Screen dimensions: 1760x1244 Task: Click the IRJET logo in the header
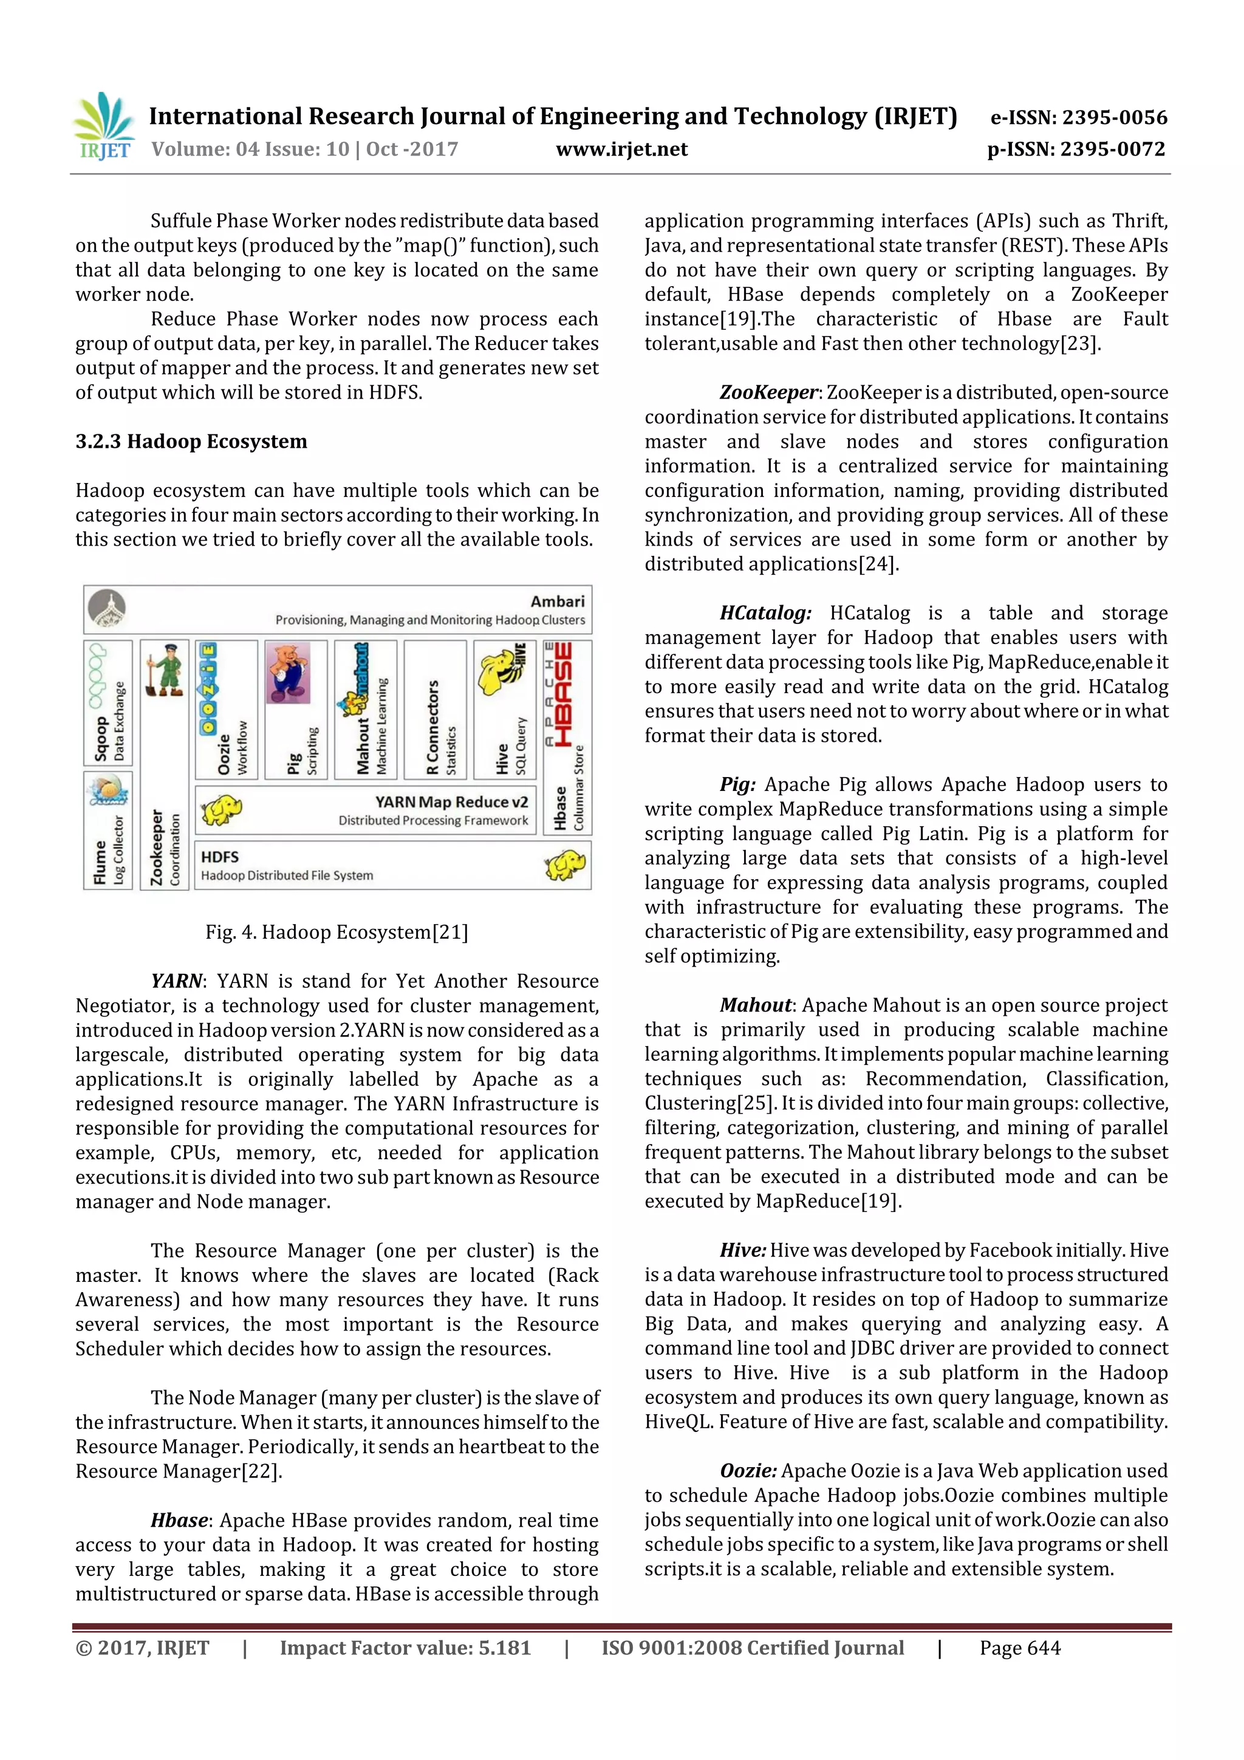(x=103, y=127)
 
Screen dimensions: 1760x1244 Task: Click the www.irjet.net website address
(x=621, y=149)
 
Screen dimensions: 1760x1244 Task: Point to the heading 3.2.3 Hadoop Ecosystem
(x=191, y=442)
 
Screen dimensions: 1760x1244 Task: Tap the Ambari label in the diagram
(x=557, y=601)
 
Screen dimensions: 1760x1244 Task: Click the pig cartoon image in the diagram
(x=288, y=673)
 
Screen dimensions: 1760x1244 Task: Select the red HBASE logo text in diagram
(x=564, y=694)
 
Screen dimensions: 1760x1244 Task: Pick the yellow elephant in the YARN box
(x=222, y=809)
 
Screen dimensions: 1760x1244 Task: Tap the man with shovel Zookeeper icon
(x=164, y=670)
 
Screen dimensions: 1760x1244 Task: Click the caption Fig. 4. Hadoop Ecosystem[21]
(x=337, y=932)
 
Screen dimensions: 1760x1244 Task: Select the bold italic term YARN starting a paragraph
(x=176, y=981)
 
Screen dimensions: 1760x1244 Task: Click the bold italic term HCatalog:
(x=765, y=613)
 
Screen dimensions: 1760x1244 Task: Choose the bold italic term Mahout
(x=756, y=1005)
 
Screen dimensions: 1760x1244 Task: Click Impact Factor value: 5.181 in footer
(x=405, y=1648)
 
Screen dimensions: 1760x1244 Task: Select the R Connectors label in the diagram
(x=433, y=727)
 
